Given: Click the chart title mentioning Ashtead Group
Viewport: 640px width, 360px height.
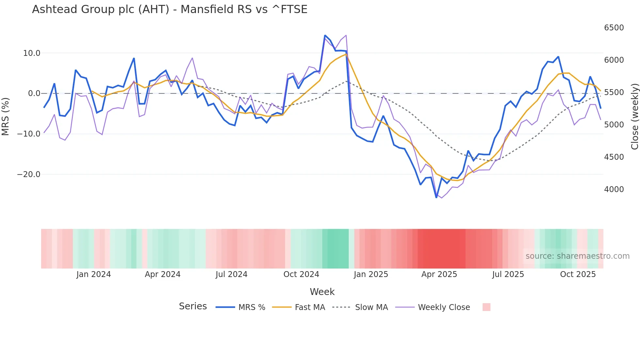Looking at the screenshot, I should point(169,9).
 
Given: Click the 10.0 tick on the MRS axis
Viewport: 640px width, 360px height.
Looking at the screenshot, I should point(32,53).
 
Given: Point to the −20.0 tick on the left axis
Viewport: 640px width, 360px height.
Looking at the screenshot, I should point(29,174).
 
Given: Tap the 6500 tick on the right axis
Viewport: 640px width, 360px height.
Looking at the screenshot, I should point(614,28).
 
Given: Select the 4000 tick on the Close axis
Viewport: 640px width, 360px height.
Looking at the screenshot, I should point(614,189).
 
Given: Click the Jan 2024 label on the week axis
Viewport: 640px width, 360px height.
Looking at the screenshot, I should point(94,274).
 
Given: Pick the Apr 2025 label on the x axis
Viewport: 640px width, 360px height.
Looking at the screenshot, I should point(439,274).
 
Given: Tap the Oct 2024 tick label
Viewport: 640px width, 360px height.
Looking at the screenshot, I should point(301,274).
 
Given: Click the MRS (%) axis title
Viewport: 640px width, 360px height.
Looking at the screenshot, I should point(6,116).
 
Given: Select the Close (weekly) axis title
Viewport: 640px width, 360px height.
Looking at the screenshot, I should point(634,116).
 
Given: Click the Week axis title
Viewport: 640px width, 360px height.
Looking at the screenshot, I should point(322,292).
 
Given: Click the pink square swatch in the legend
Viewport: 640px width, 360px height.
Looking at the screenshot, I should point(486,307).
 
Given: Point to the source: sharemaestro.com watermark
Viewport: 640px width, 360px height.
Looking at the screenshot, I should point(577,256).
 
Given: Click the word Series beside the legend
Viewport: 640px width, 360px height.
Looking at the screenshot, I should point(193,306).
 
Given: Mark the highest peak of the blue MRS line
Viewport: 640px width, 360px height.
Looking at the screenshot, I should point(325,35).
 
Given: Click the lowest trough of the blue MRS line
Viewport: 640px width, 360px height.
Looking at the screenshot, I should point(437,197).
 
